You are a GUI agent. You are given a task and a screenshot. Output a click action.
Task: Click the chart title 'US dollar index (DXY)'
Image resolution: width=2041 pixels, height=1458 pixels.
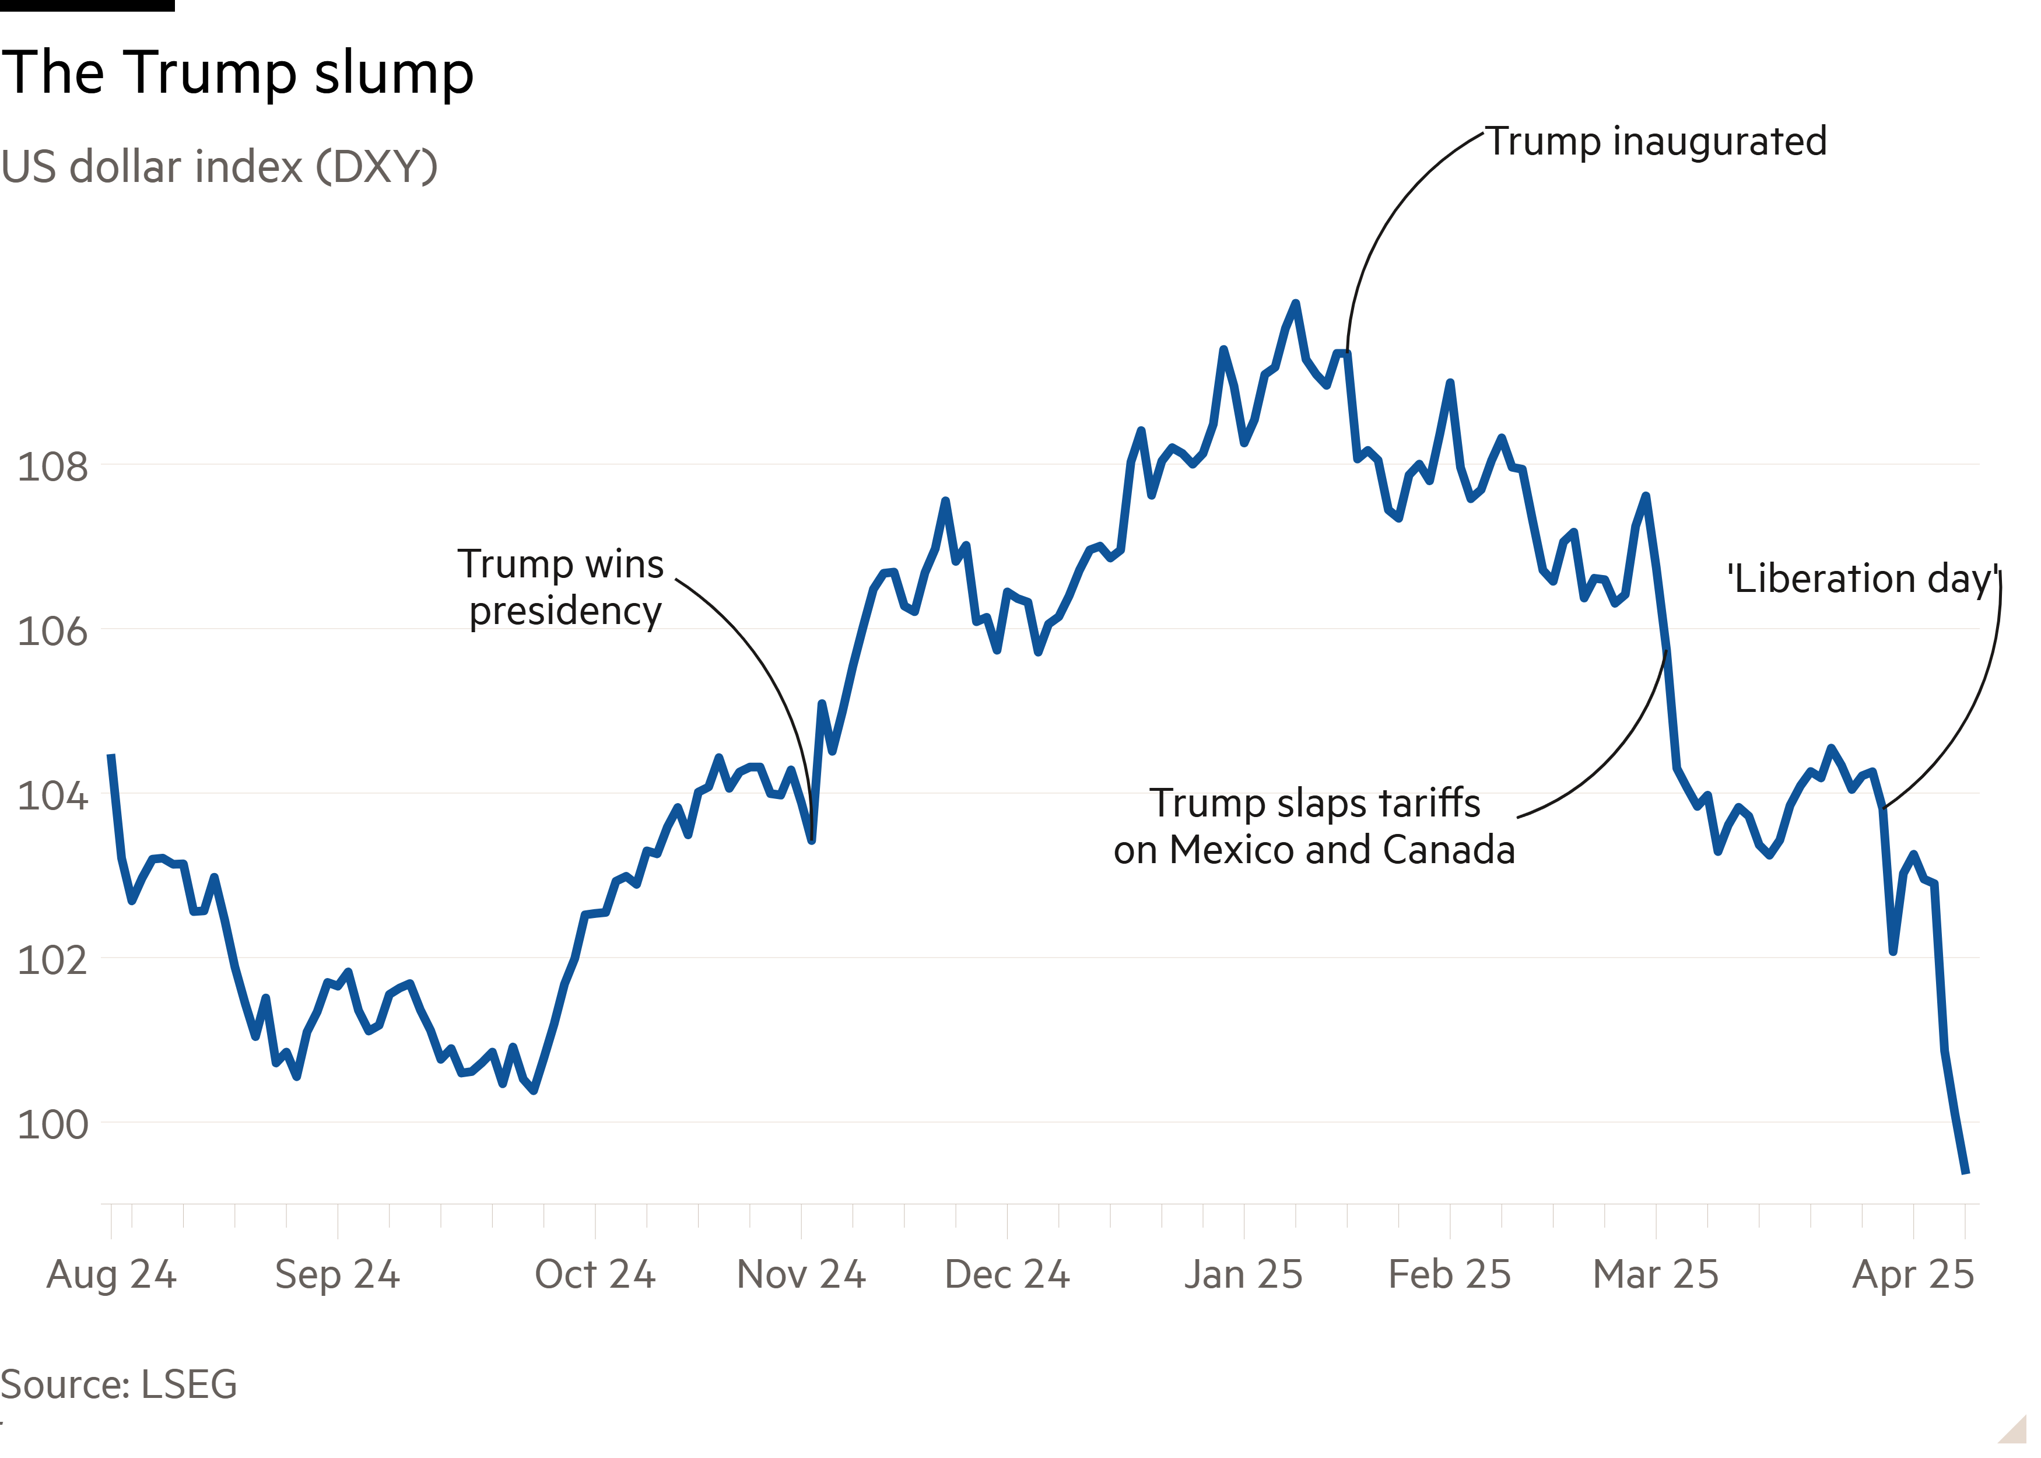219,167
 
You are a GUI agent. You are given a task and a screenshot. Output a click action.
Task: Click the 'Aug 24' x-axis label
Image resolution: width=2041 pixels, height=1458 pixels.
111,1274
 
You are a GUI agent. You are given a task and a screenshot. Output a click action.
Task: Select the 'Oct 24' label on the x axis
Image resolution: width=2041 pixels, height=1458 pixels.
595,1274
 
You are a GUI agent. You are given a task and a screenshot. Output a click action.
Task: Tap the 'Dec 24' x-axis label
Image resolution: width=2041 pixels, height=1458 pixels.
1007,1274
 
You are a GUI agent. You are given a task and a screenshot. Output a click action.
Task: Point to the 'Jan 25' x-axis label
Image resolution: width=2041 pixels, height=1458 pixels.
1243,1274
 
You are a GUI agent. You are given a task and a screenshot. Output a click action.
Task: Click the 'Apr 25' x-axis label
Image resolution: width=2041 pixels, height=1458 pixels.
1913,1274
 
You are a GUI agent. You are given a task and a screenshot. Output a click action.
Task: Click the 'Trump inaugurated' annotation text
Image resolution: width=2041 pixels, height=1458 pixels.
1657,142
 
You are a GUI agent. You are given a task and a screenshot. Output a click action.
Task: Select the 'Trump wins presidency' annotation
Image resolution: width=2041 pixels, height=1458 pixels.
563,587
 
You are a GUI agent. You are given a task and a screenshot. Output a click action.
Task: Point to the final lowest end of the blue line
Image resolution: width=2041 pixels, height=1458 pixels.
1966,1172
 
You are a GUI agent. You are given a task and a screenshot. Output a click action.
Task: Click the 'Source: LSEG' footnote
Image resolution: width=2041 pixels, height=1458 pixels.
118,1383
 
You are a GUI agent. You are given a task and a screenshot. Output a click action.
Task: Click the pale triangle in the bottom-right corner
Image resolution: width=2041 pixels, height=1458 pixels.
2015,1430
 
